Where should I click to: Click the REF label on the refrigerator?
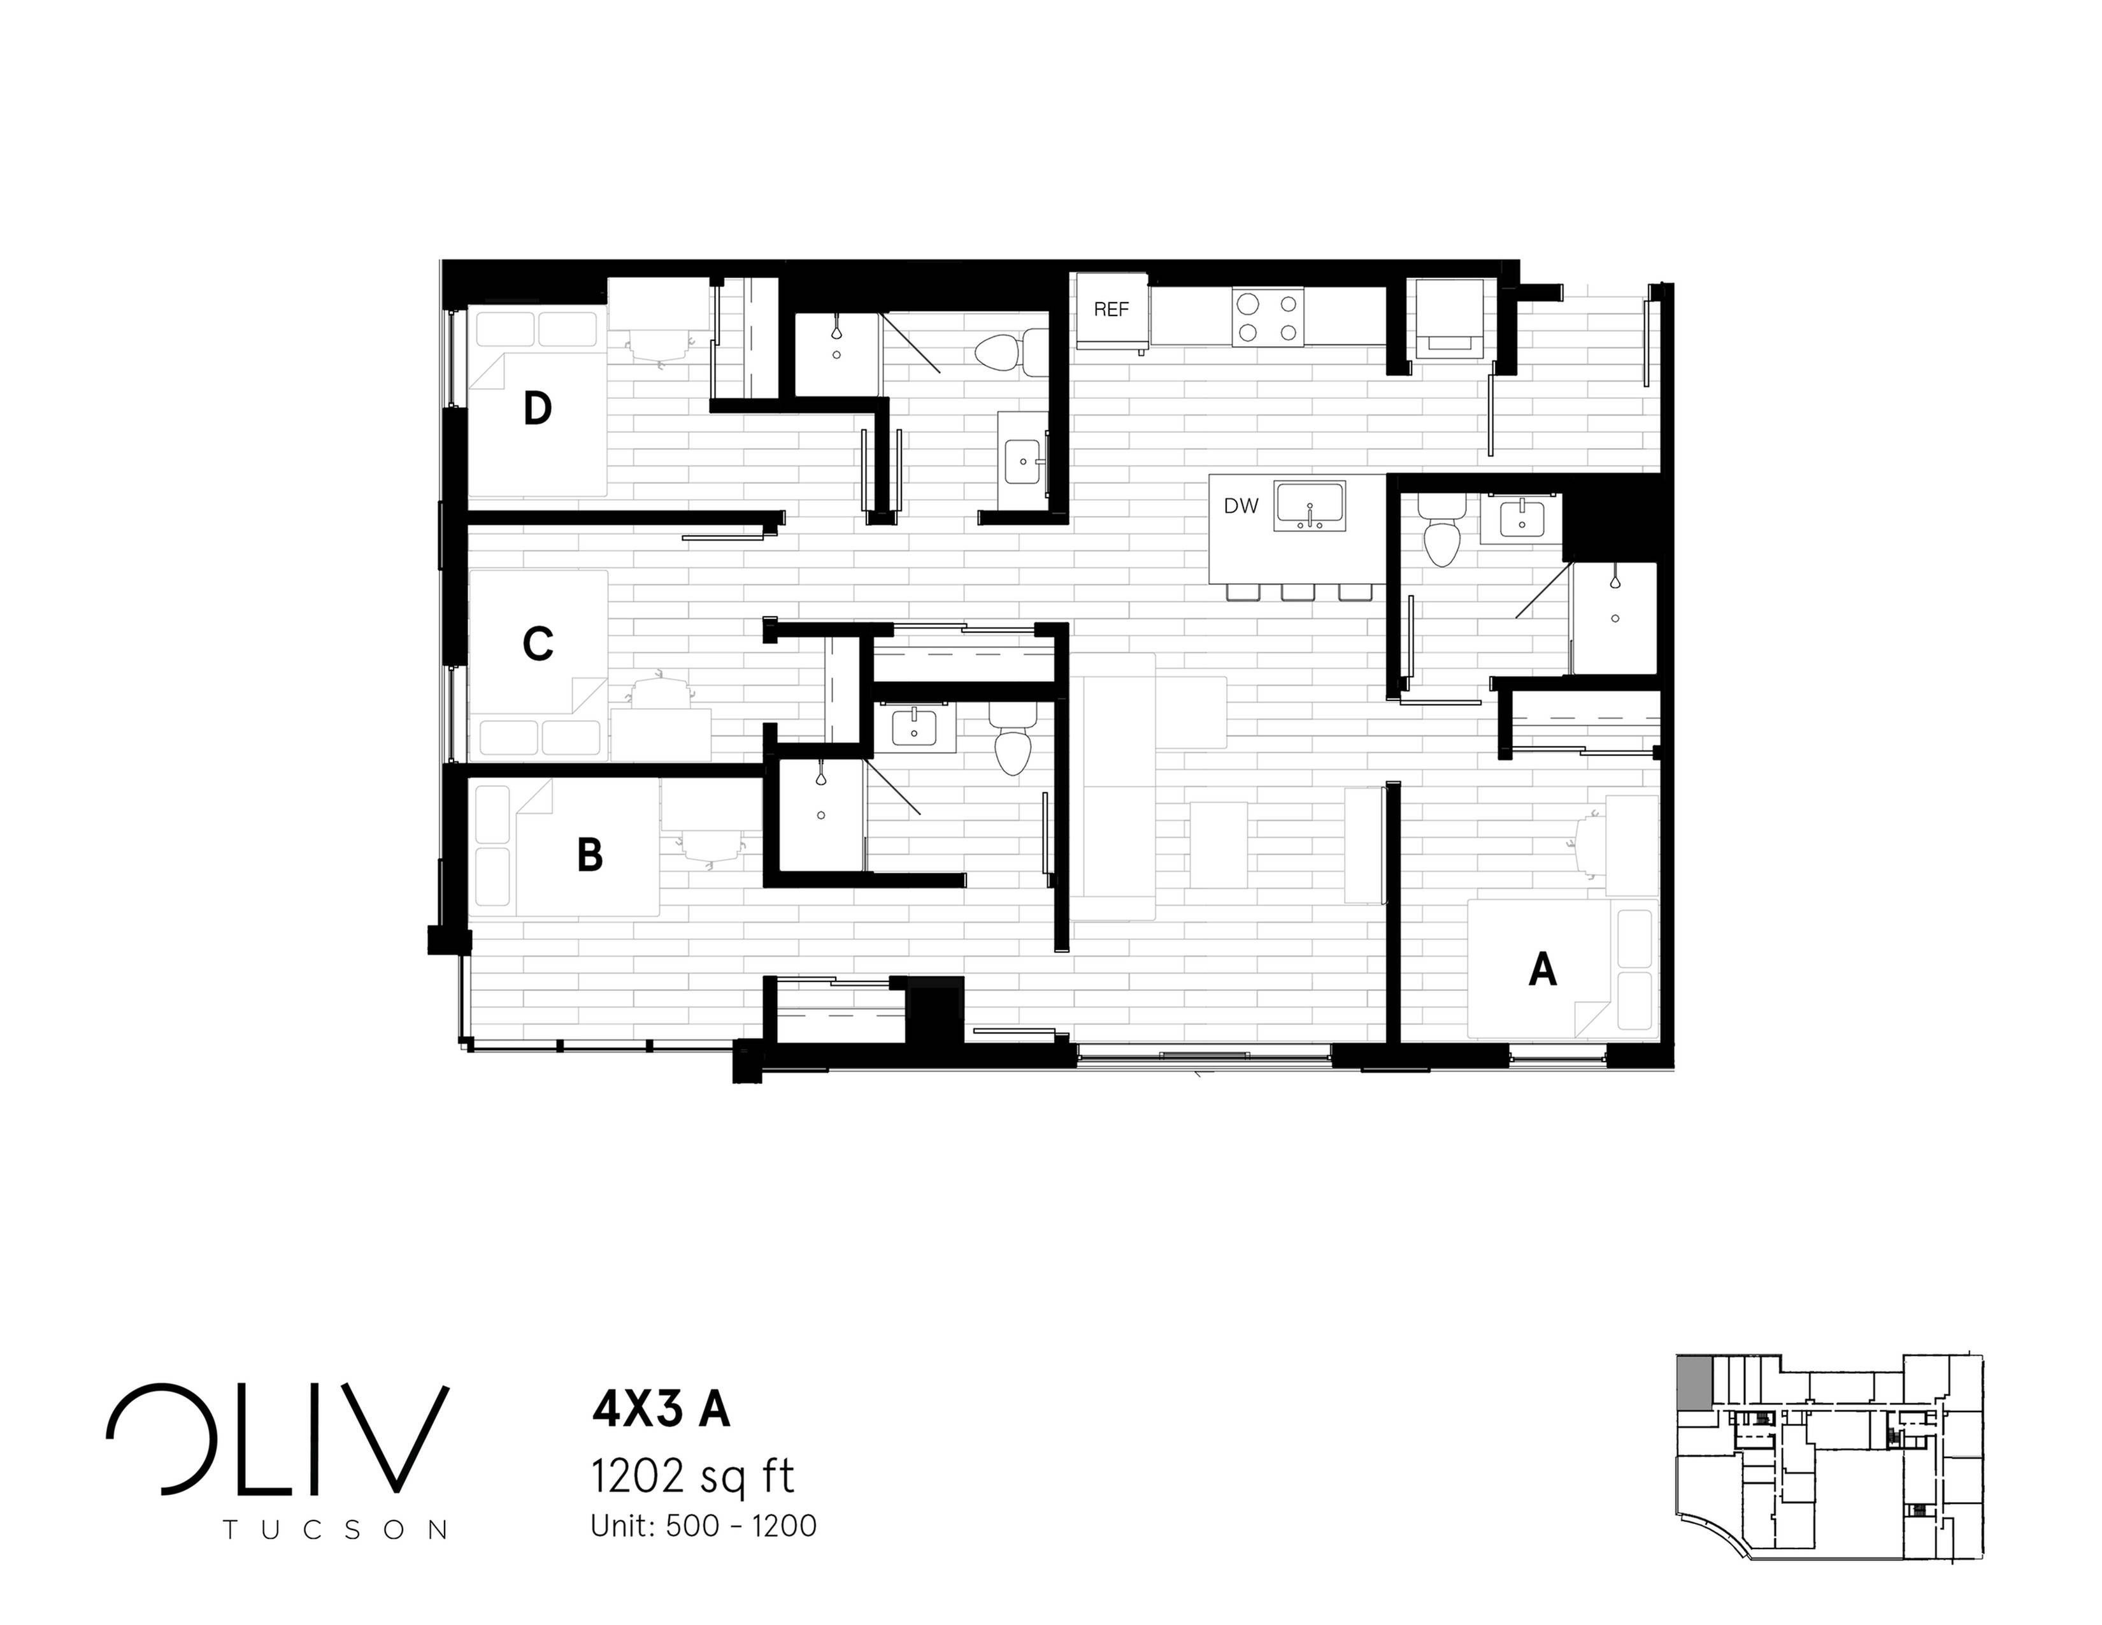point(1111,310)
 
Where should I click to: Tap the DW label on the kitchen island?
point(1241,507)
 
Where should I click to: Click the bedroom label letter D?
point(537,409)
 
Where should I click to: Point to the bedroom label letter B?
point(589,855)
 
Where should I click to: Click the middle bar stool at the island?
point(1298,592)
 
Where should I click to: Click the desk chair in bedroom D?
point(661,343)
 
